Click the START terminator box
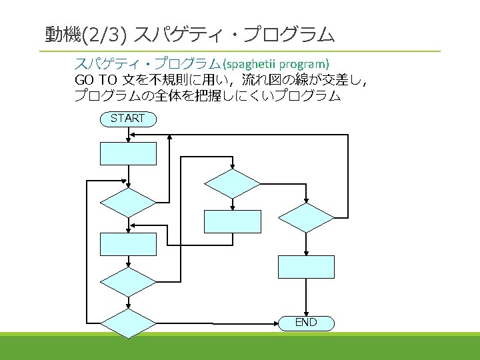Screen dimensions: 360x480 point(127,119)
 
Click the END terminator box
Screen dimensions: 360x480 point(306,323)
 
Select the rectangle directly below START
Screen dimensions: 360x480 point(128,153)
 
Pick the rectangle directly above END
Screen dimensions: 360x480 point(306,267)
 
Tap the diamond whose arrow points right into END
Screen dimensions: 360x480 point(127,323)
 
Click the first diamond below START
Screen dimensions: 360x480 point(127,203)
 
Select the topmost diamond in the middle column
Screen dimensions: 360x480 point(232,184)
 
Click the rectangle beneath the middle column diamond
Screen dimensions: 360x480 point(232,221)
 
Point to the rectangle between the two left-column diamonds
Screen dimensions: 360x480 point(128,244)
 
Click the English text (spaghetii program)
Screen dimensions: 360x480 point(276,65)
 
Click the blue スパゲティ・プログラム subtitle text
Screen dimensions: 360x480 point(147,65)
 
